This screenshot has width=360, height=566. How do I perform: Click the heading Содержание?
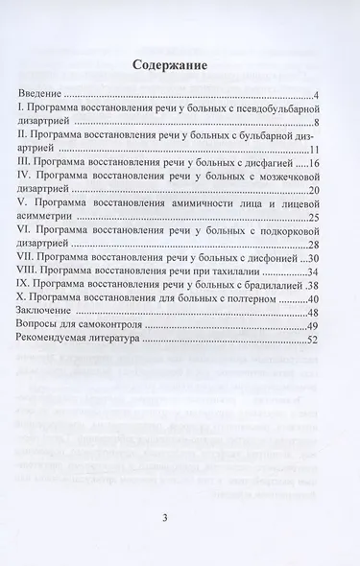pyautogui.click(x=179, y=65)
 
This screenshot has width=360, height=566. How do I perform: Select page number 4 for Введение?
pyautogui.click(x=317, y=96)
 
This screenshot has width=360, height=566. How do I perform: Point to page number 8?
pyautogui.click(x=316, y=123)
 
